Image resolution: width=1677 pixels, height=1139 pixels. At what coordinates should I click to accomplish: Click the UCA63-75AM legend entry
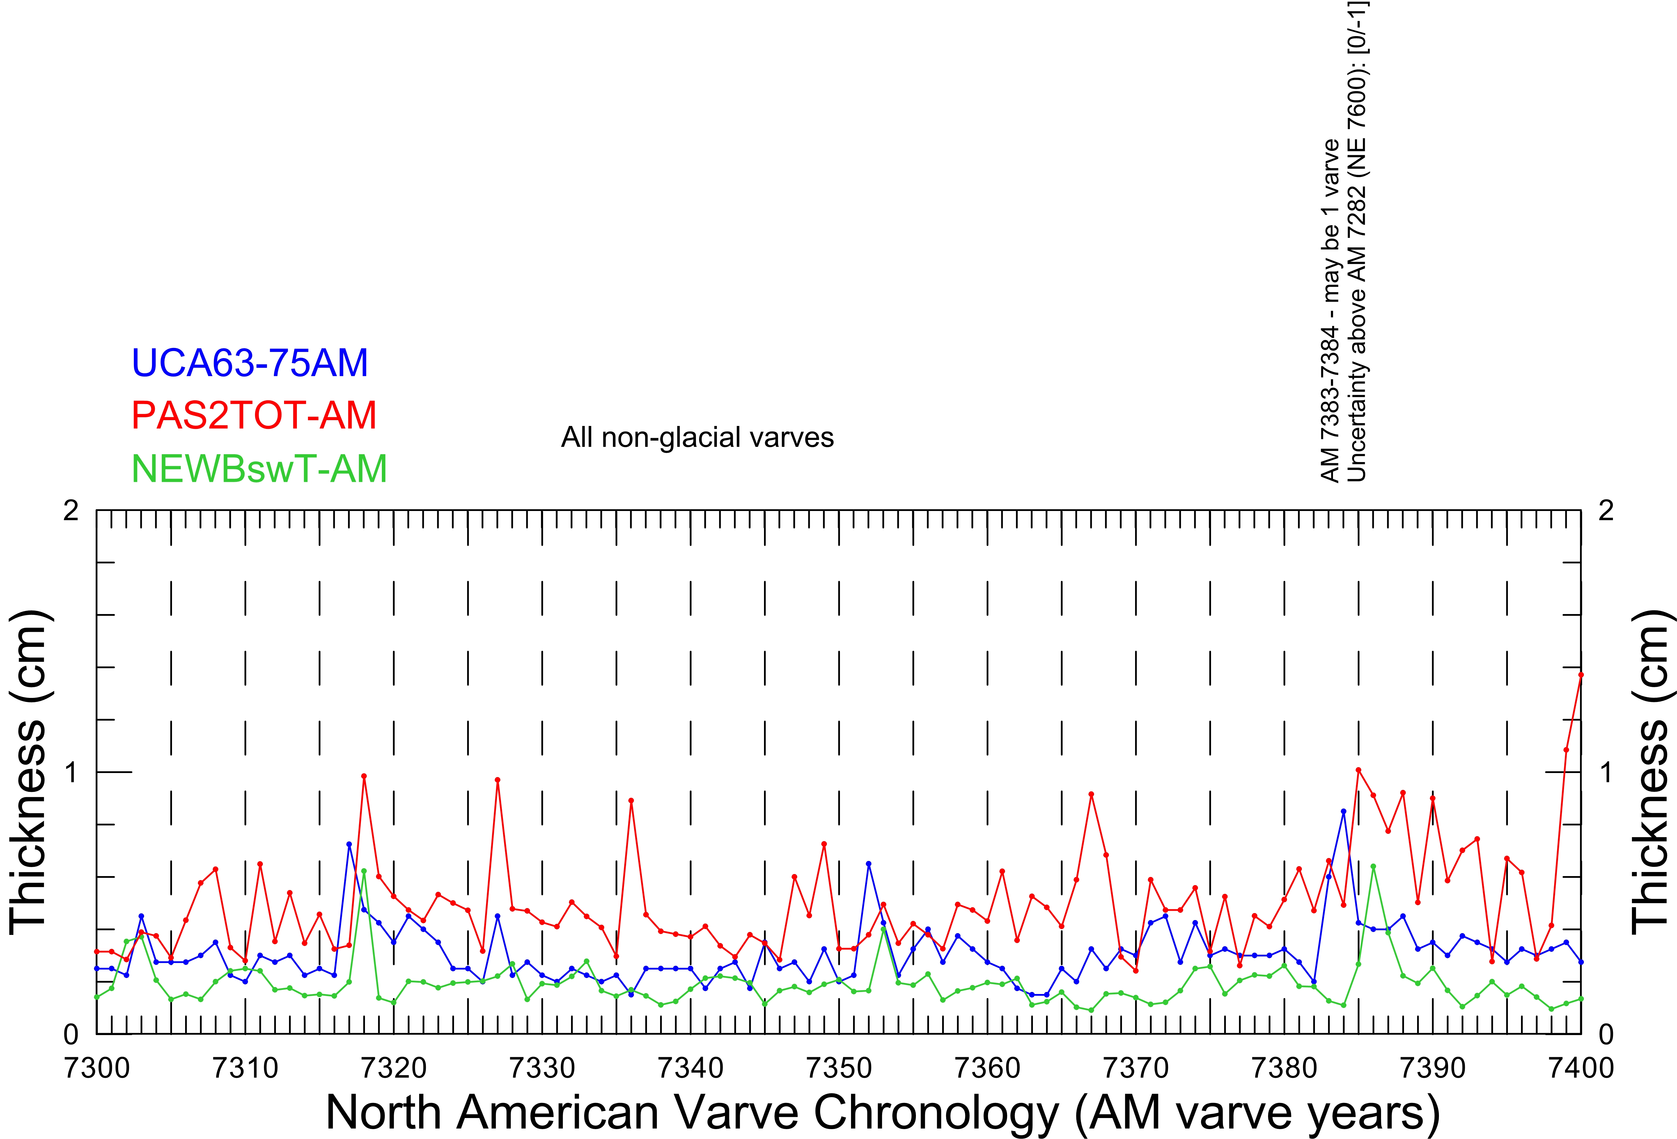250,363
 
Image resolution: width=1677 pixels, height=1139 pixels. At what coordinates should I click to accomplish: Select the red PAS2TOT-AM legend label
254,416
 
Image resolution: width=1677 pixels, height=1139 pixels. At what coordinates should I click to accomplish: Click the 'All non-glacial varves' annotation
697,437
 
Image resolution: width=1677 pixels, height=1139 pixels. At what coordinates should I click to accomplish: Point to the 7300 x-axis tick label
97,1068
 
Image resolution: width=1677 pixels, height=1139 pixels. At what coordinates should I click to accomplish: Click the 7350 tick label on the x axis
839,1068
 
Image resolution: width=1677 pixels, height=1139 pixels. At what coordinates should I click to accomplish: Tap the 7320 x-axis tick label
394,1068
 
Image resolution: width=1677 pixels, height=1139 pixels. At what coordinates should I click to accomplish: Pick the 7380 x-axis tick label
1284,1068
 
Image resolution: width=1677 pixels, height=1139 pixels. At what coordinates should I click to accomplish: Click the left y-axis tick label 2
71,511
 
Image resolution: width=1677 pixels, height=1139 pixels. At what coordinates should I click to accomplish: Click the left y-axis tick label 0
71,1034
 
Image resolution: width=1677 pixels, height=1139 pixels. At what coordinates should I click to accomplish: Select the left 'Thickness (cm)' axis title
29,772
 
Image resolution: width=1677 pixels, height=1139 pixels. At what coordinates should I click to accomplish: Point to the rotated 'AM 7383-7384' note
1330,310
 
